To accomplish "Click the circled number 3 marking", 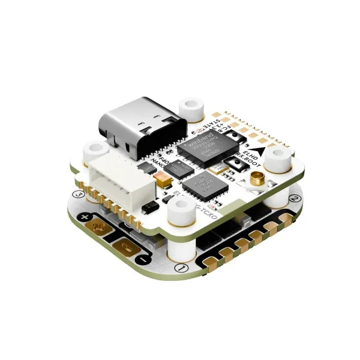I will [77, 193].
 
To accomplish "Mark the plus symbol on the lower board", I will [86, 217].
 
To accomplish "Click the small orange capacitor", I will [161, 177].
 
